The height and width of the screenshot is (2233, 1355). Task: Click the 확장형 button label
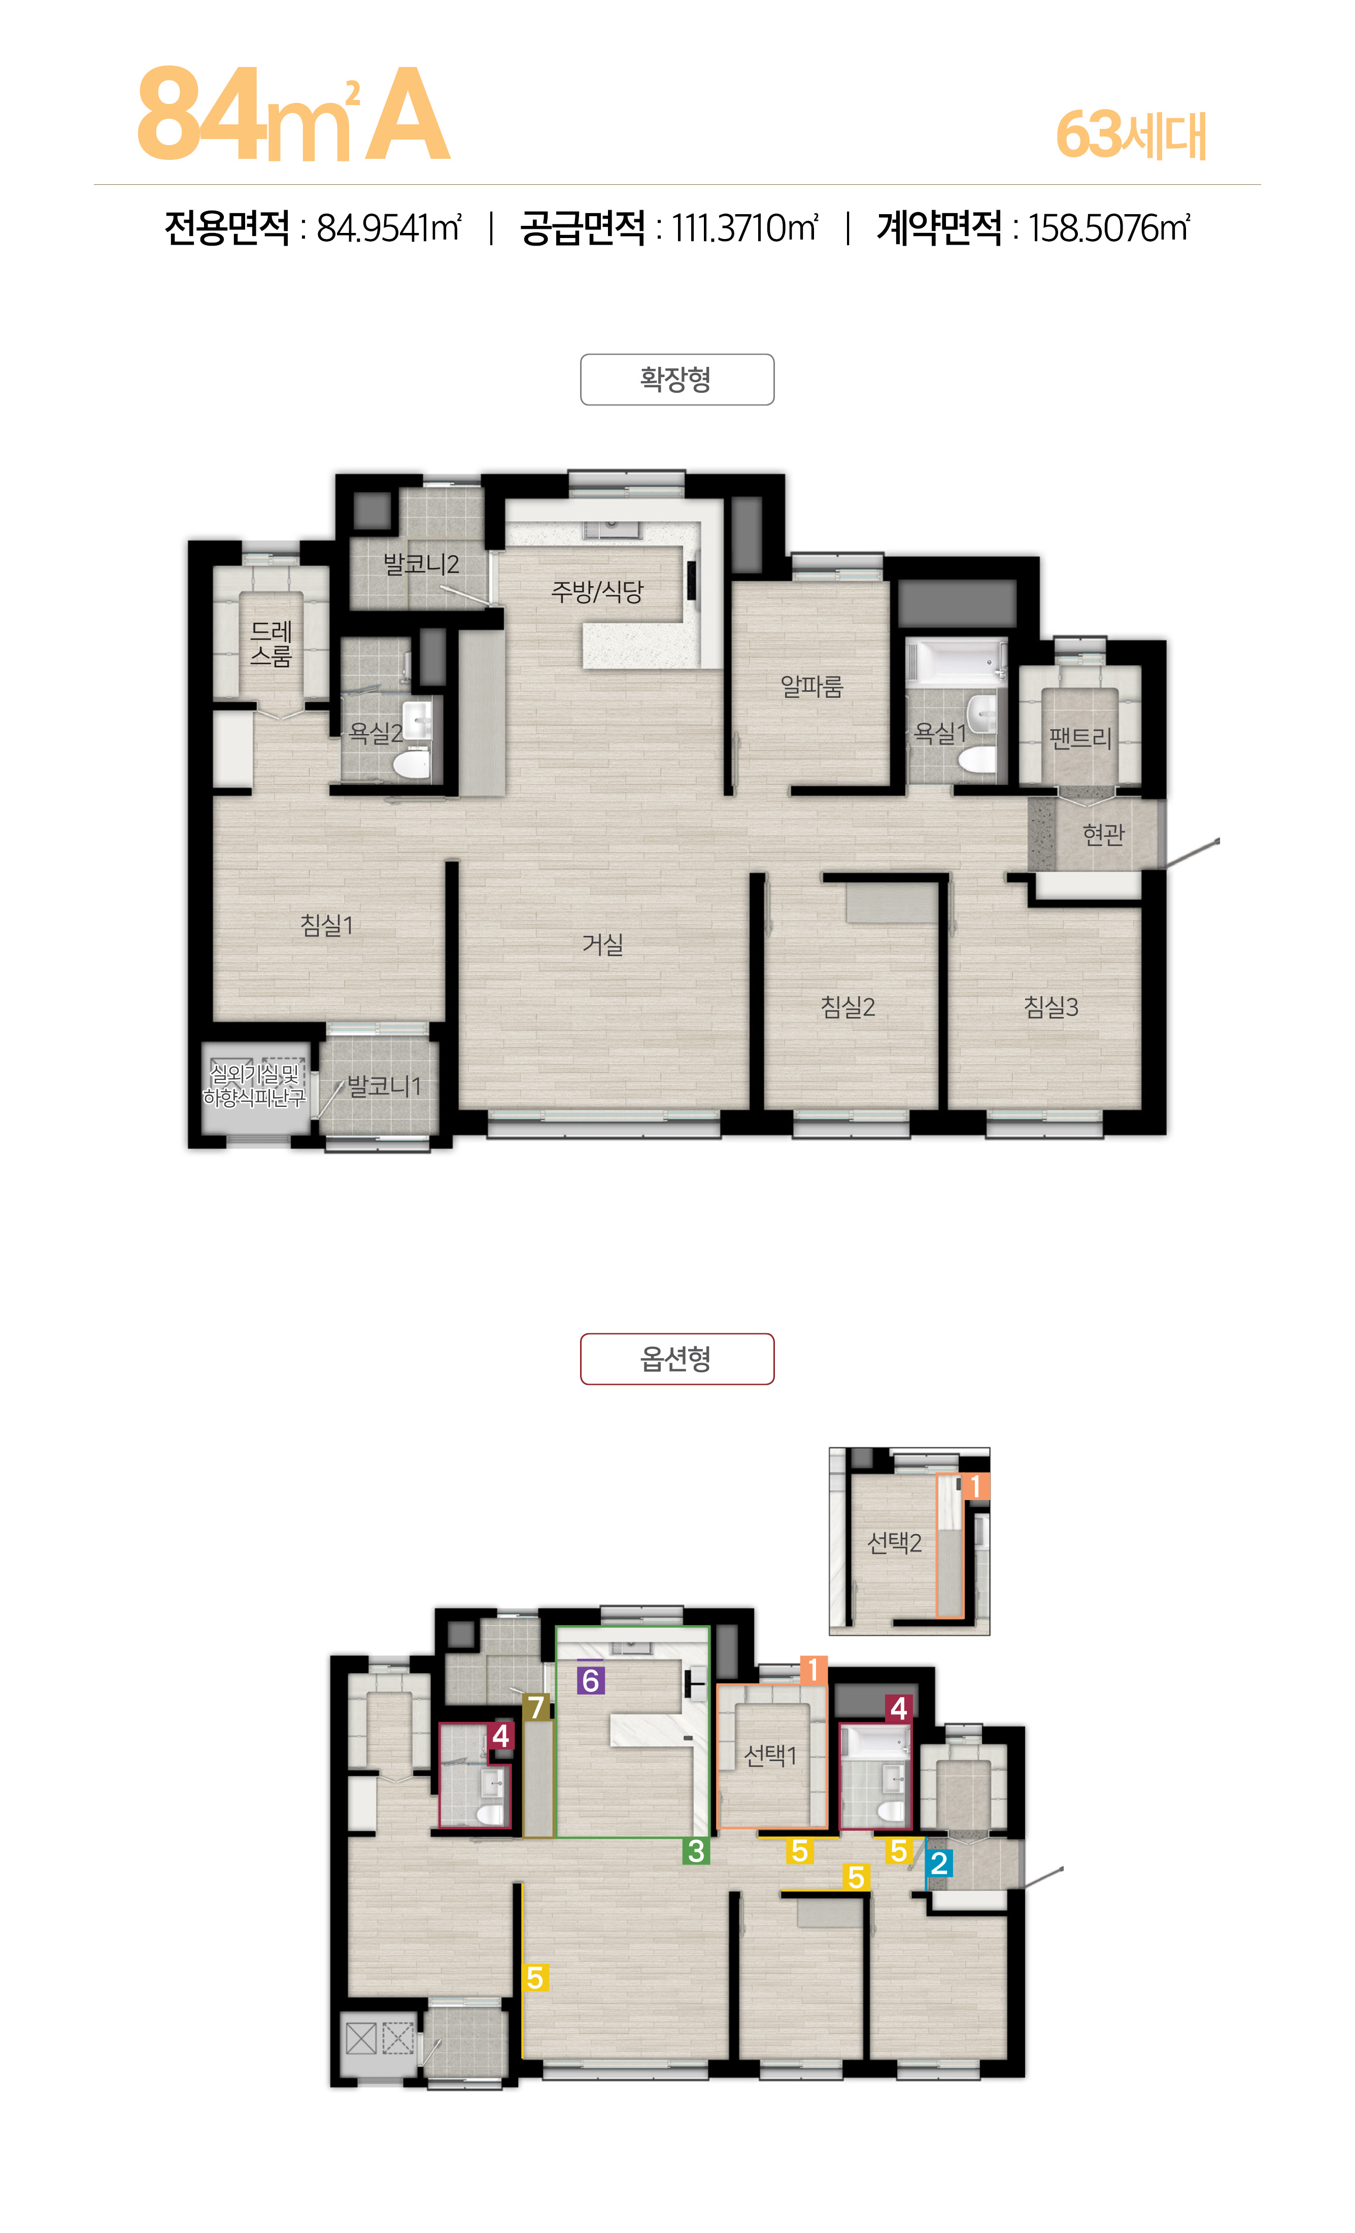[x=676, y=379]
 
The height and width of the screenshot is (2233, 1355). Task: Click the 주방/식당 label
[x=597, y=592]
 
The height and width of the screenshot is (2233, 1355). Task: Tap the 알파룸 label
[x=812, y=686]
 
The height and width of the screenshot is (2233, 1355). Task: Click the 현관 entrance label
[x=1103, y=834]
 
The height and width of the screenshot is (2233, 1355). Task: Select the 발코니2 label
[x=421, y=564]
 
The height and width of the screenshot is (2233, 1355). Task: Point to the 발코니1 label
[x=384, y=1086]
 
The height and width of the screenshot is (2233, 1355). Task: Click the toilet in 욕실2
[x=412, y=764]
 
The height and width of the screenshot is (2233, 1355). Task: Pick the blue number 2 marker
[x=939, y=1863]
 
